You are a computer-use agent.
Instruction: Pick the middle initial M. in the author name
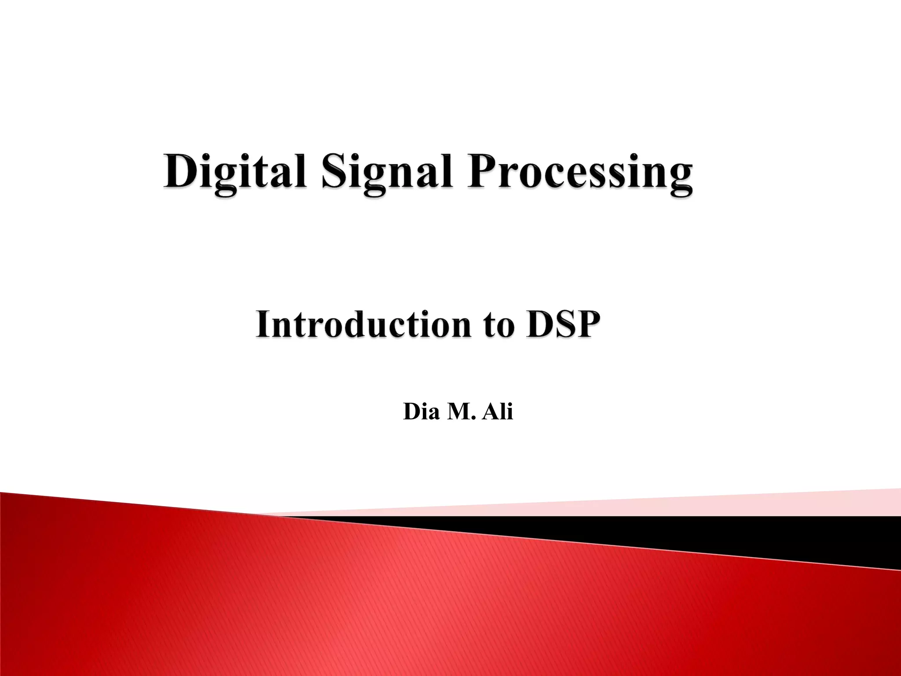462,412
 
